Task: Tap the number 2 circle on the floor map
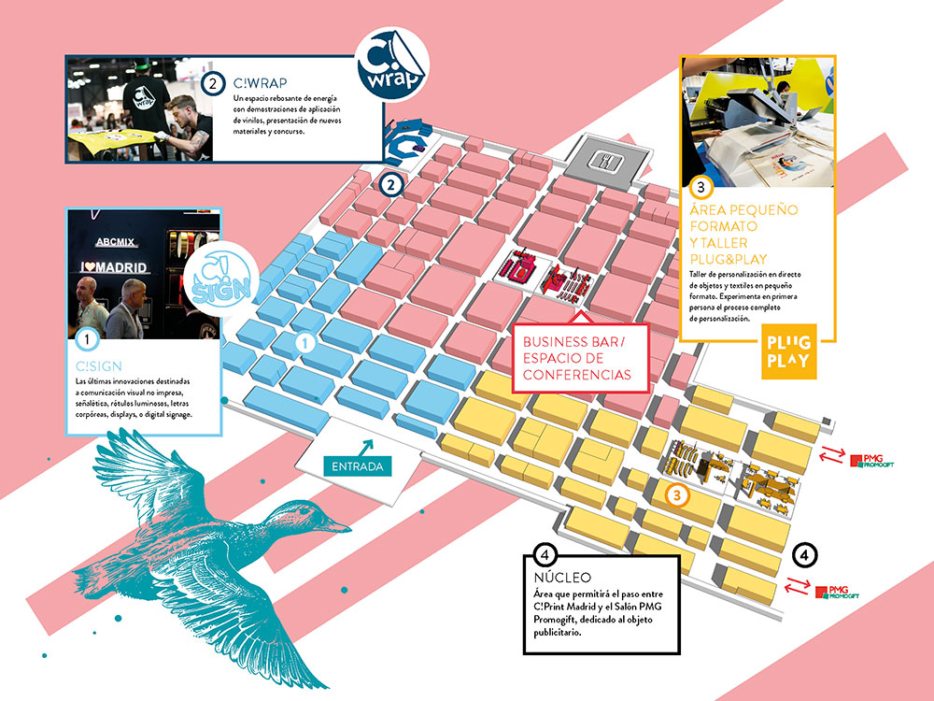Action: point(392,184)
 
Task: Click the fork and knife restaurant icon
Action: point(608,160)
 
